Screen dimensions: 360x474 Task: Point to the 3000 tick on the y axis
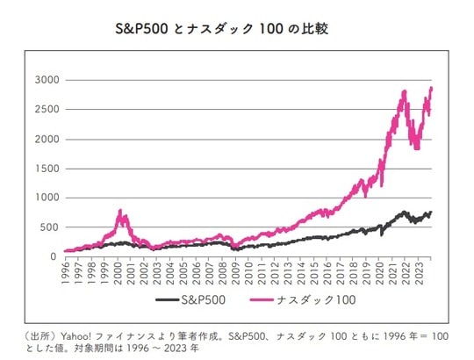47,80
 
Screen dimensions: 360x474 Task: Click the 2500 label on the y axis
47,110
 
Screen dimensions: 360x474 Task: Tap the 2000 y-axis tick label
47,139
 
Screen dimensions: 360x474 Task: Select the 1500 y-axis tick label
47,169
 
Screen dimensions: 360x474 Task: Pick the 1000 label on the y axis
47,198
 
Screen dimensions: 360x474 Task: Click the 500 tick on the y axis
50,227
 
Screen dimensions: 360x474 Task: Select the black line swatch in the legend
168,301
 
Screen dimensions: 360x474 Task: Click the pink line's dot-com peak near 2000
119,211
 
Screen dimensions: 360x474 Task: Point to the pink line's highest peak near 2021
403,90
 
